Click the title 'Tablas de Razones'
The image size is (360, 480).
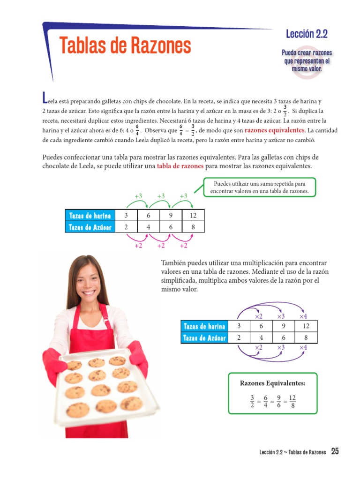(125, 46)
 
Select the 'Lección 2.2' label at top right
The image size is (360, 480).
(306, 34)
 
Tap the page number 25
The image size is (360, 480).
(335, 451)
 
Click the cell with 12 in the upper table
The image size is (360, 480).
(193, 216)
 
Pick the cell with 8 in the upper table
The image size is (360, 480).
(193, 227)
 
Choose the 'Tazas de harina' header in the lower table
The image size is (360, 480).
(204, 326)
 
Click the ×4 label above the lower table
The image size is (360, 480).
(303, 317)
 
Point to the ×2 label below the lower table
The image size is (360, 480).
(258, 347)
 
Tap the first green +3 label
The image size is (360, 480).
(138, 196)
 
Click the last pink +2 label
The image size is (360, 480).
(183, 246)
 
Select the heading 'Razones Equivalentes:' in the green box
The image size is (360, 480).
(272, 383)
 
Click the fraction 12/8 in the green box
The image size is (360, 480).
(292, 401)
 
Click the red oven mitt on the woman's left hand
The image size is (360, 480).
(137, 358)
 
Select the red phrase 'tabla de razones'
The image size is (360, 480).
(180, 166)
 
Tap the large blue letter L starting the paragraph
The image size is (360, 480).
(45, 97)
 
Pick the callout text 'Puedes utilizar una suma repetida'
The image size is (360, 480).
(259, 184)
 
